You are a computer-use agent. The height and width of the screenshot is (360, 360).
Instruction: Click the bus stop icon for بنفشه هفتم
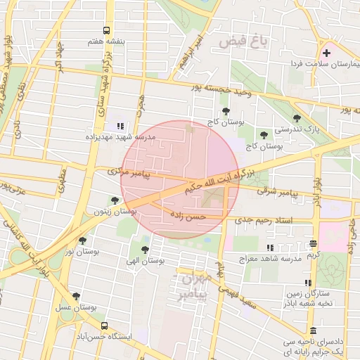click(x=106, y=30)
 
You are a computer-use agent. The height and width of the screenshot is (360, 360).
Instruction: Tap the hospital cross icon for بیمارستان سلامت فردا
click(x=326, y=53)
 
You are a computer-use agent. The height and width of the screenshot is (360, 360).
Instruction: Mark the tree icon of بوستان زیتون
click(x=115, y=200)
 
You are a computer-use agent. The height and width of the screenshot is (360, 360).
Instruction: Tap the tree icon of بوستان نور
click(x=82, y=240)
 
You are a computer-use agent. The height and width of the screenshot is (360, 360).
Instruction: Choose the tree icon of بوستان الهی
click(x=145, y=250)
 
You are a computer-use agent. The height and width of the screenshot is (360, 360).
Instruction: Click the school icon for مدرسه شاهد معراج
click(x=270, y=247)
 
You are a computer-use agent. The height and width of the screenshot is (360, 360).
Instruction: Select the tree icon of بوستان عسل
click(x=76, y=296)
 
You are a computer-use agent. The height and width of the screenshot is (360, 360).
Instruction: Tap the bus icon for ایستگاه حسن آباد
click(x=105, y=326)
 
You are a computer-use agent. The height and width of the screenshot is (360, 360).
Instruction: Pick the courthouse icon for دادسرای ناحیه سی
click(x=312, y=330)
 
